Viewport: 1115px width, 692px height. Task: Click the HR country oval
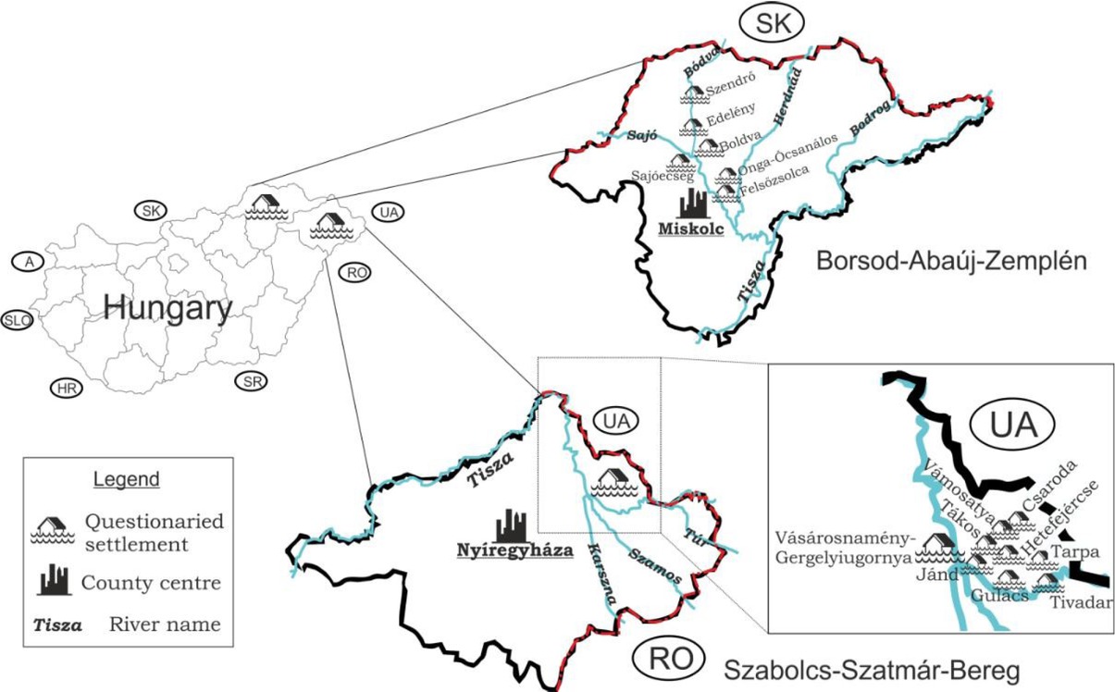point(66,388)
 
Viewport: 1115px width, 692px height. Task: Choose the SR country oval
point(249,381)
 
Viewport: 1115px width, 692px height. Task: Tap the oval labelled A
point(30,263)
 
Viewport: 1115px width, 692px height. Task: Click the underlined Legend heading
point(128,479)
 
